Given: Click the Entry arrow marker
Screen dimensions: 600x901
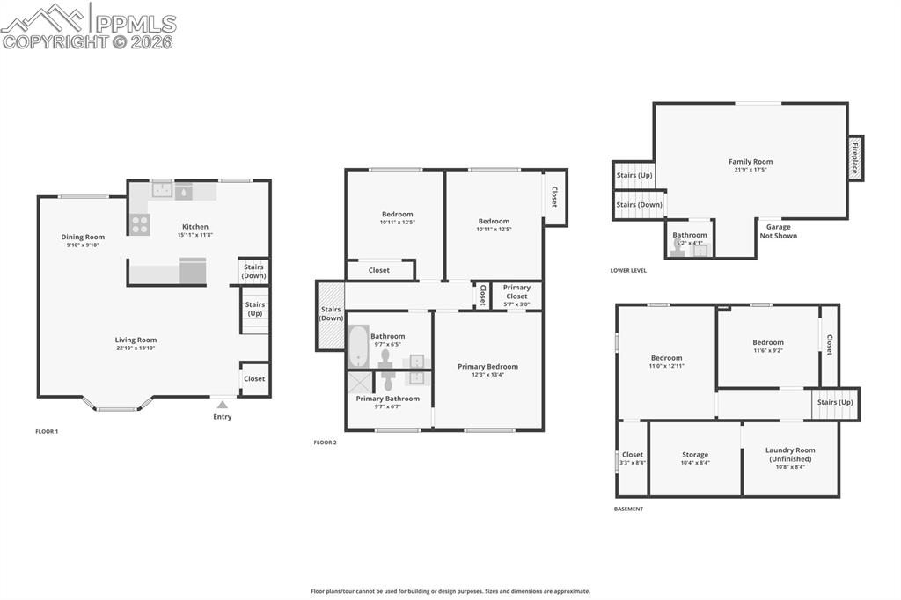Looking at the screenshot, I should click(x=223, y=405).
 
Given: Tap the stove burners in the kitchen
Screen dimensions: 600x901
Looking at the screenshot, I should click(x=140, y=224).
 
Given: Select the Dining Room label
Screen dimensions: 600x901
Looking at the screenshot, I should click(x=83, y=237).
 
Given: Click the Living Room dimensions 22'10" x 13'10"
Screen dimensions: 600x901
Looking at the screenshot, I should click(x=136, y=348).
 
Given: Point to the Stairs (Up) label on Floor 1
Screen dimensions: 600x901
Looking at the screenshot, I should click(x=255, y=309).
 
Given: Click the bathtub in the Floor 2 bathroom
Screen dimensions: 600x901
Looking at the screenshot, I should click(x=358, y=347).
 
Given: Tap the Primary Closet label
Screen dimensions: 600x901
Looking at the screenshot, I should click(x=516, y=292).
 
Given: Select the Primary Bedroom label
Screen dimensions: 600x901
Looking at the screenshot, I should click(x=487, y=366).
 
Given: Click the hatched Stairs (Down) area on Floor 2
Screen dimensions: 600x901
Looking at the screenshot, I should click(x=331, y=314).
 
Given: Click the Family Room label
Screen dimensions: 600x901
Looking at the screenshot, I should click(x=751, y=162).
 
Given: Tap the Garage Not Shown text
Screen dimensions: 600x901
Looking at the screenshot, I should click(x=779, y=231).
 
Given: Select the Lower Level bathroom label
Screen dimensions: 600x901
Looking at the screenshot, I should click(x=690, y=235).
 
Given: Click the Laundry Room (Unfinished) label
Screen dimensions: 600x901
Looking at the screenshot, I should click(x=790, y=454).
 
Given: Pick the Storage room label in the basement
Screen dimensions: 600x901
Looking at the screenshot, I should click(x=695, y=455).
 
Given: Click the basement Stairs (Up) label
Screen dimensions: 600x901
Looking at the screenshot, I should click(x=834, y=402).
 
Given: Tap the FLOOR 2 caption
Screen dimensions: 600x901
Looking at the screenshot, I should click(x=326, y=443).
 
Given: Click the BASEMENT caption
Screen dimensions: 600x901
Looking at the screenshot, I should click(x=628, y=509).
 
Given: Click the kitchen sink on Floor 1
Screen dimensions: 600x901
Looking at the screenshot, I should click(x=163, y=189).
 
